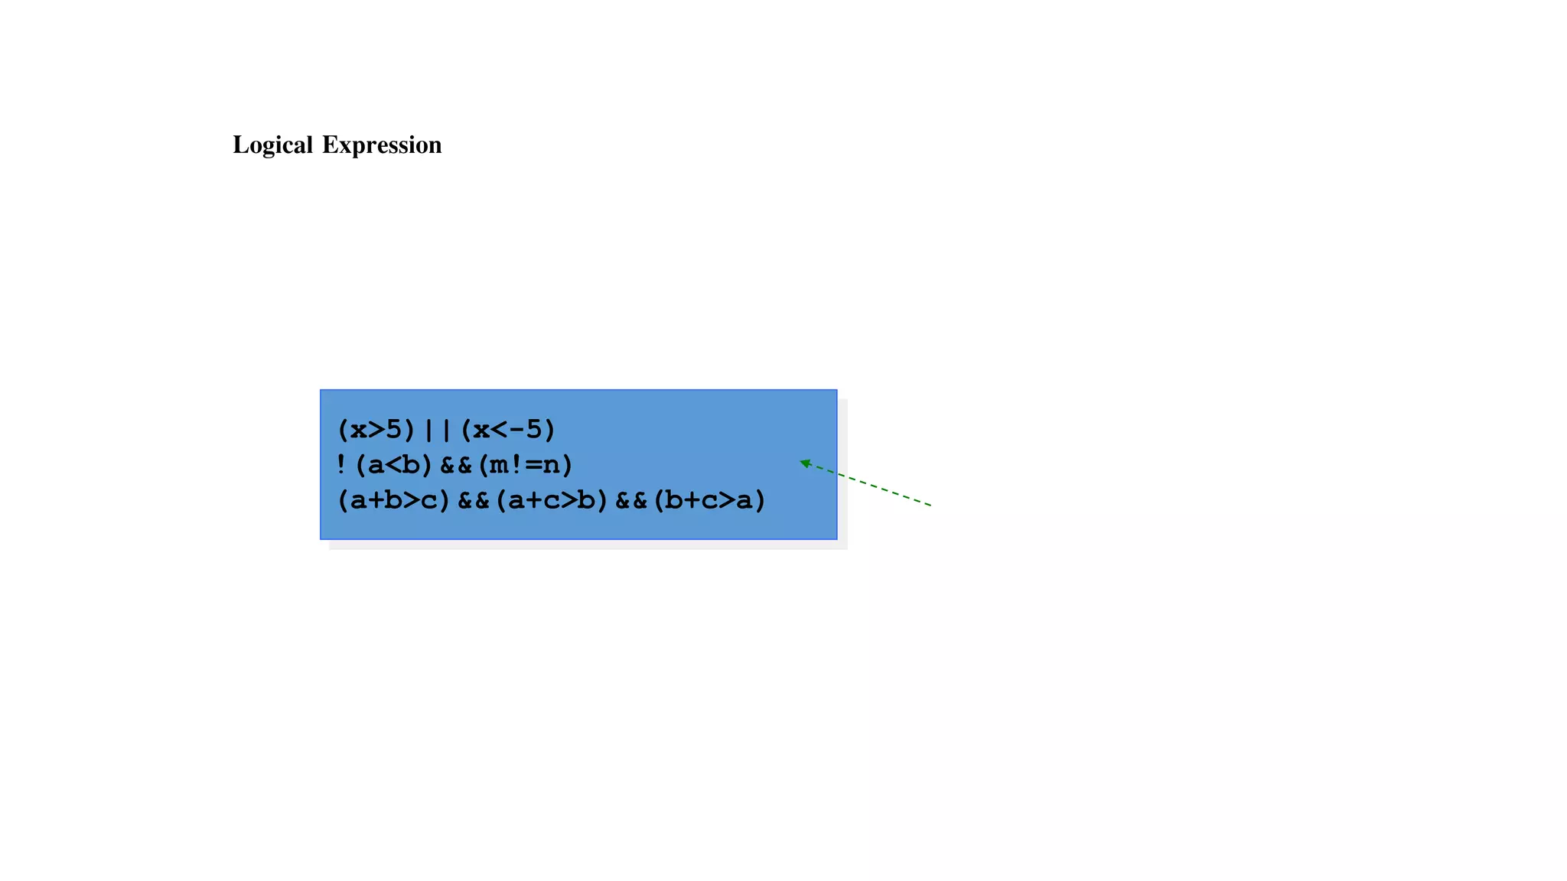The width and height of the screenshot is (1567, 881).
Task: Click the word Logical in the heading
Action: coord(272,145)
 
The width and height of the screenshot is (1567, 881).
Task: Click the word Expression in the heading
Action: coord(381,145)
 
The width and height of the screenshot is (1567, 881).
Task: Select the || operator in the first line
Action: coord(438,430)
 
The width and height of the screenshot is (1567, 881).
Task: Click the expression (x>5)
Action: coord(376,430)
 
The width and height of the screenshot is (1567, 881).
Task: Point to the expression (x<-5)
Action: coord(508,430)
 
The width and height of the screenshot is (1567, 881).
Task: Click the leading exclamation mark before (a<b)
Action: coord(341,464)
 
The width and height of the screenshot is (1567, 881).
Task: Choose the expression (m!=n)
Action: coord(525,465)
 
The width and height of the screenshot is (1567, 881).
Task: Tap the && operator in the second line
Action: coord(456,465)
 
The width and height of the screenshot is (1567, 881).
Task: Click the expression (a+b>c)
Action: coord(394,500)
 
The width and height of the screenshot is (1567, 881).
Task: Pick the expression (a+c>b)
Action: coord(552,500)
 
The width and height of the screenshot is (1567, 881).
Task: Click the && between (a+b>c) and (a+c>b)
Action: coord(473,500)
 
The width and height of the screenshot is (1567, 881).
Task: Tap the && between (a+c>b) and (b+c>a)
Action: coord(631,500)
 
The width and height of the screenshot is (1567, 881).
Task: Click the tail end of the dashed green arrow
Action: coord(930,505)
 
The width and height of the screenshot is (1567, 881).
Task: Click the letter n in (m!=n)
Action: coord(552,465)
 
